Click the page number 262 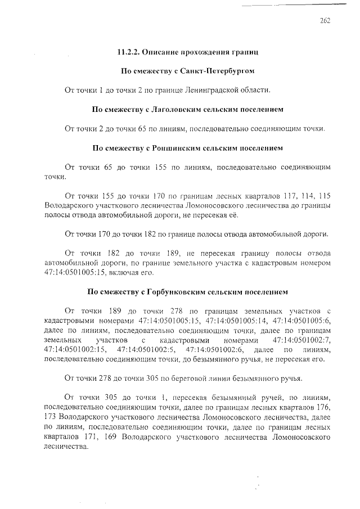[325, 21]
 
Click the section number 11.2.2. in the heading [129, 52]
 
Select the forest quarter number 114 [310, 196]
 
